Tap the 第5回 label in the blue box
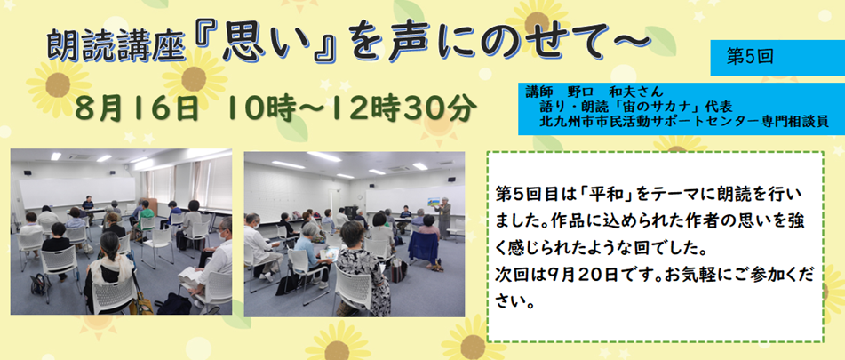pyautogui.click(x=750, y=57)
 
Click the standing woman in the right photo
pyautogui.click(x=444, y=217)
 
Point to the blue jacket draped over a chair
pyautogui.click(x=424, y=245)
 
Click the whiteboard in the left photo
pyautogui.click(x=76, y=192)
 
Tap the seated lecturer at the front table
pyautogui.click(x=88, y=204)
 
